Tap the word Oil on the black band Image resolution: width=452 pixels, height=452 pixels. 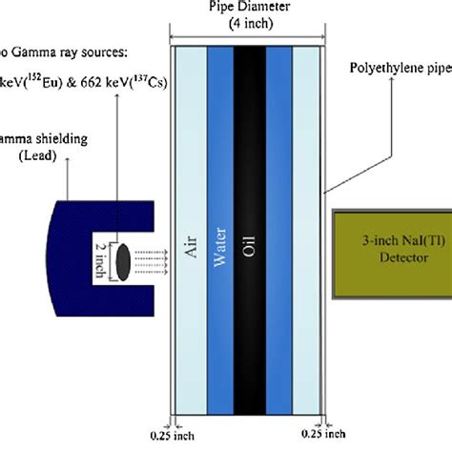(250, 256)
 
